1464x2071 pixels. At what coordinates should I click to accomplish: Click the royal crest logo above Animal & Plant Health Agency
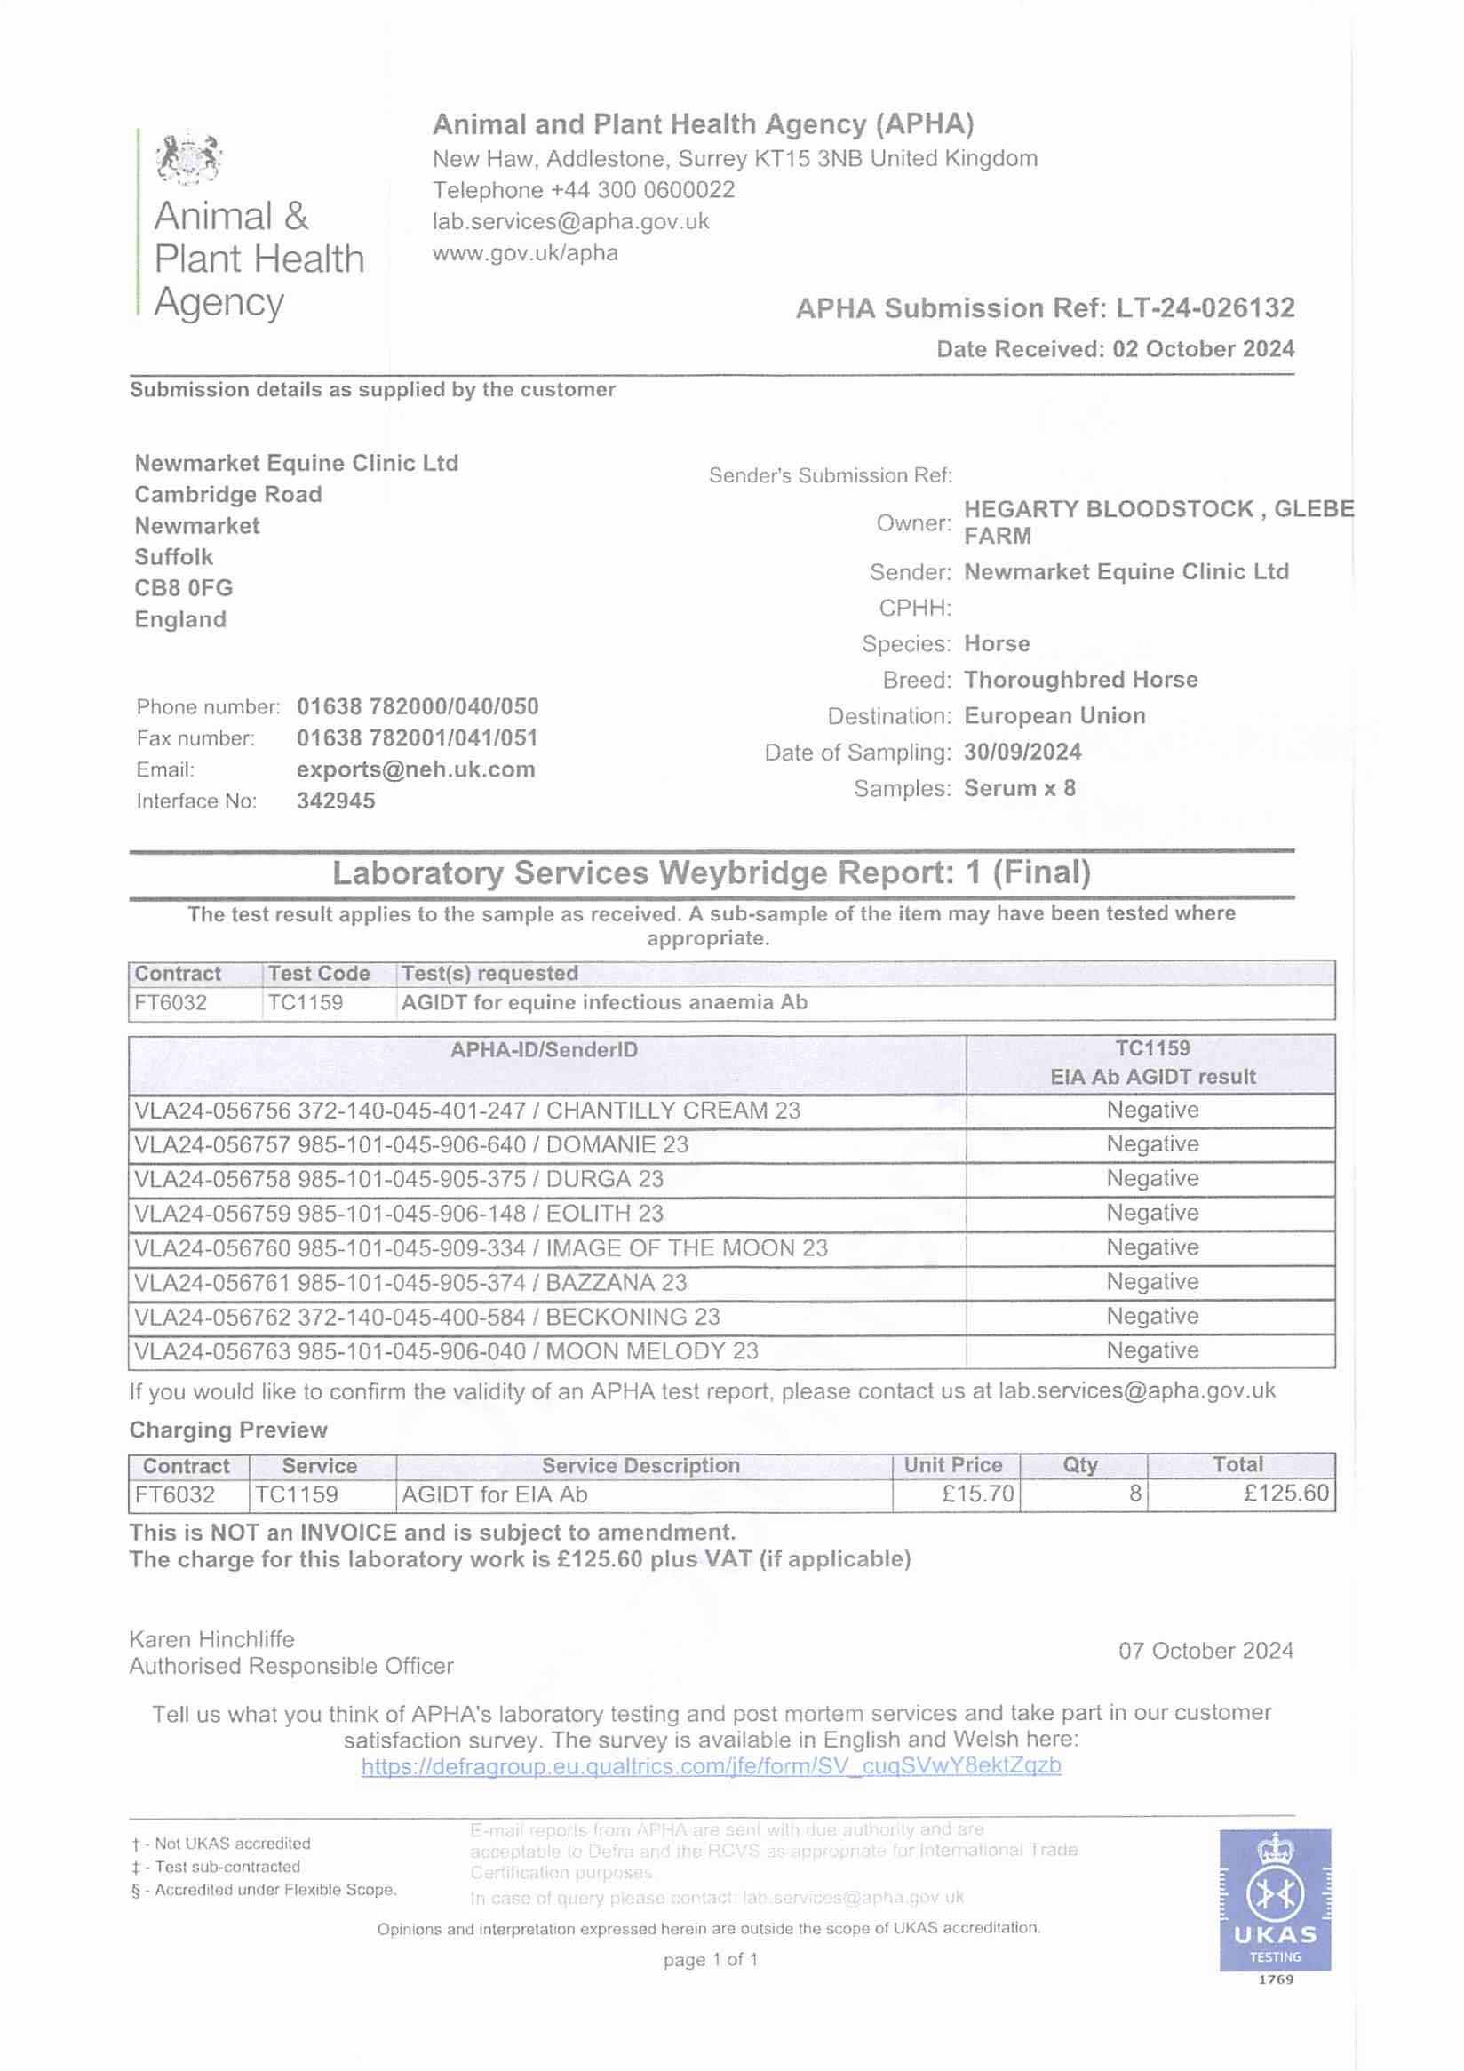188,159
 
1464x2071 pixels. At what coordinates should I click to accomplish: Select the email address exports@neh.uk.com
416,769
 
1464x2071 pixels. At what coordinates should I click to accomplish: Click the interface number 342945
336,801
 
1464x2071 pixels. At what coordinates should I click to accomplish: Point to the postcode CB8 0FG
184,588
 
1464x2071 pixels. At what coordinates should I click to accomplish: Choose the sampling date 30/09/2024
1022,752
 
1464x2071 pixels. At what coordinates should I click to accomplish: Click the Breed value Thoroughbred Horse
1080,679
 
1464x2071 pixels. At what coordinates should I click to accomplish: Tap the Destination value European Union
1054,715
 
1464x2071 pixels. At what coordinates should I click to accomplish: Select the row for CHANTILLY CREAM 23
467,1111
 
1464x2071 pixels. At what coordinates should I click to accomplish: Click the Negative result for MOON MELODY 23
1152,1350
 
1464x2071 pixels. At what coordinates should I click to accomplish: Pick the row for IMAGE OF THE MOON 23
481,1247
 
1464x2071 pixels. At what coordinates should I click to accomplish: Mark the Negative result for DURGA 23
1152,1178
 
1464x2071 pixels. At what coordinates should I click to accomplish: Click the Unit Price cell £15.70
978,1494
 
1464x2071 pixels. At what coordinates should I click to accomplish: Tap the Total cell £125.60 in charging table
1285,1494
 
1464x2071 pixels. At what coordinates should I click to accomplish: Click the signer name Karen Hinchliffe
212,1639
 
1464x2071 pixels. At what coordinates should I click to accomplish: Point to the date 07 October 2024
1206,1651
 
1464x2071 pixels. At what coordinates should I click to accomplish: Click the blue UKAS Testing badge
1275,1900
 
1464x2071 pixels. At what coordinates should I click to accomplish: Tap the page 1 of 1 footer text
710,1959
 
